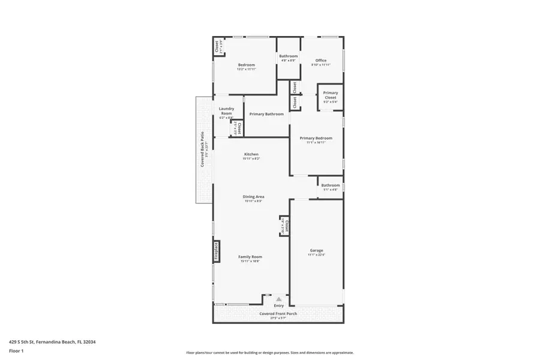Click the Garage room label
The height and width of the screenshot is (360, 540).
316,250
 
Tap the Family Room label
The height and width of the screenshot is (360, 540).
251,257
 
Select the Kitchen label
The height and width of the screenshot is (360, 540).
251,154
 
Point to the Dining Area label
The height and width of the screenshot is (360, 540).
253,197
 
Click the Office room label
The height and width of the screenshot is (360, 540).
321,60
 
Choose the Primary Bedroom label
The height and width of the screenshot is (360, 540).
316,138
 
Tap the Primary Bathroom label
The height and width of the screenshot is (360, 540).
266,114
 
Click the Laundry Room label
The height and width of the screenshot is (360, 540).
226,111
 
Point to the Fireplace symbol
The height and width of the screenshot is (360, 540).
217,251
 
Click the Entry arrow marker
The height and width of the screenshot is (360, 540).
278,298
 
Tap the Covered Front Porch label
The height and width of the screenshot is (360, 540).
278,313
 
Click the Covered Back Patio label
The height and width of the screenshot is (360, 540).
203,149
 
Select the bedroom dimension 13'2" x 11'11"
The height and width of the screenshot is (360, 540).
247,69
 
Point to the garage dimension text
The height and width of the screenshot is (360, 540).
316,255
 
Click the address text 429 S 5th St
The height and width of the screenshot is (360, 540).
52,342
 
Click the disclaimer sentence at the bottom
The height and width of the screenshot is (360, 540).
269,353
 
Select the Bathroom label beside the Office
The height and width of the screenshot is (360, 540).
288,56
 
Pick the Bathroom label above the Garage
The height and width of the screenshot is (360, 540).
330,185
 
